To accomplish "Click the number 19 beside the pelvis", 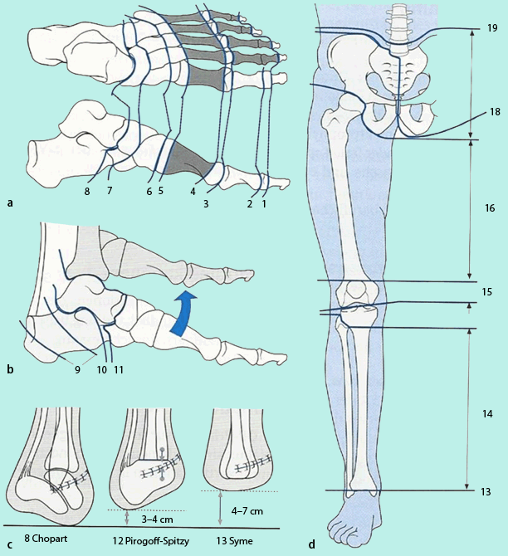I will (x=492, y=28).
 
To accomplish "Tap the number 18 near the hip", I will (x=496, y=112).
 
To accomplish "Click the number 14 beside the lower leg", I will (x=487, y=412).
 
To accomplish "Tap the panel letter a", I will (x=9, y=202).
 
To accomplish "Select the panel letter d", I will (x=311, y=545).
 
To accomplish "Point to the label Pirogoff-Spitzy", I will (x=154, y=540).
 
